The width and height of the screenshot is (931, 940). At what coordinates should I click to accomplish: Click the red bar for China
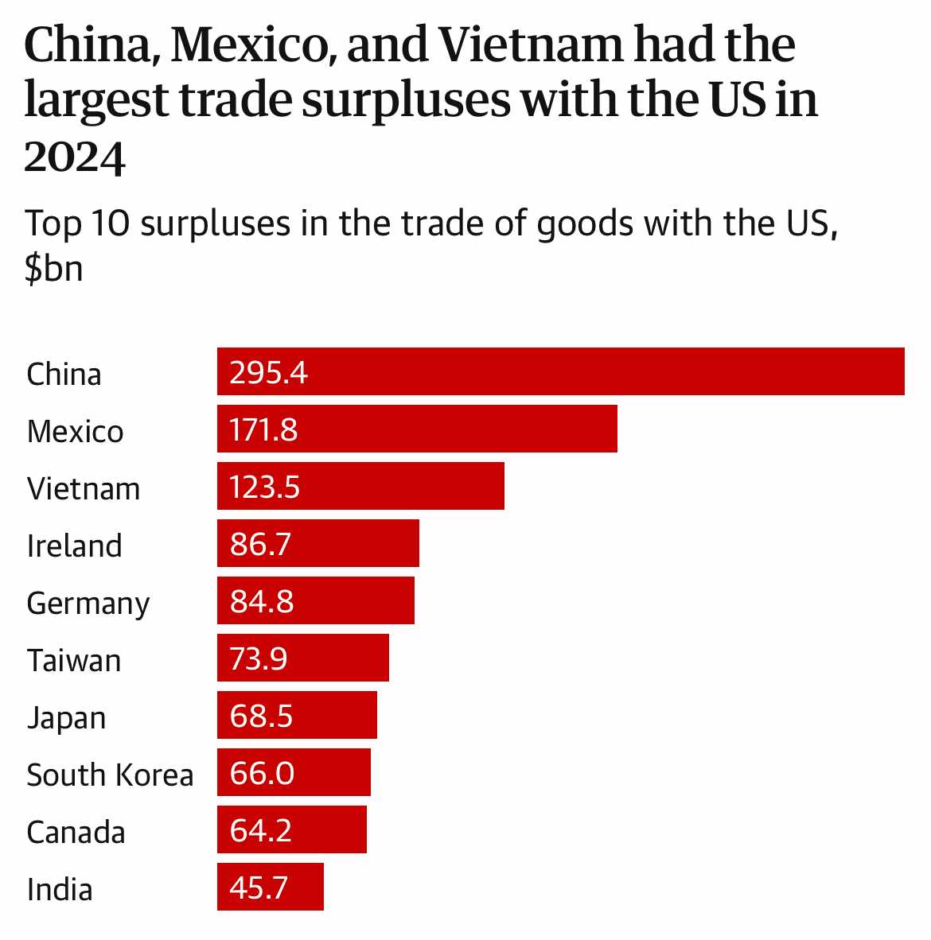pos(560,371)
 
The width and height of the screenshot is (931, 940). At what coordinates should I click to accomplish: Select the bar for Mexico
pos(417,429)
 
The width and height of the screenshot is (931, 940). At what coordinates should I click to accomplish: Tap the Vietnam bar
pos(360,486)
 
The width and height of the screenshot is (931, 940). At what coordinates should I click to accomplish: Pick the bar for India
pos(271,887)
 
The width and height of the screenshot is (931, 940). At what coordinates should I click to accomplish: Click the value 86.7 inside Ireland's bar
pos(261,544)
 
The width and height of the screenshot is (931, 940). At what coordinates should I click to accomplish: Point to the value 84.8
pos(262,601)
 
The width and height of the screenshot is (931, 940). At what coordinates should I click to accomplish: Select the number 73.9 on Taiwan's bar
pos(259,658)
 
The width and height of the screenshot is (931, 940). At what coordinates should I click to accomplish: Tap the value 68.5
pos(262,716)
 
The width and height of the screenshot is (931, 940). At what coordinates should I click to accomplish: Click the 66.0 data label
pos(263,773)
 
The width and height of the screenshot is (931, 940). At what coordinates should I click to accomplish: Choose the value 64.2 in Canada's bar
pos(261,830)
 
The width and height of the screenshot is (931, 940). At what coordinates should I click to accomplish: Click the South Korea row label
pos(110,775)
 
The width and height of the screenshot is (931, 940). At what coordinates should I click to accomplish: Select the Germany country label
pos(88,604)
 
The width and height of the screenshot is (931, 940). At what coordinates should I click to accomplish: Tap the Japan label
pos(66,718)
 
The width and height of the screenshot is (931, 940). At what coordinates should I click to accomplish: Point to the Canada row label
pos(76,833)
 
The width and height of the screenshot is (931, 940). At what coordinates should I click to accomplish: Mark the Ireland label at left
pos(74,546)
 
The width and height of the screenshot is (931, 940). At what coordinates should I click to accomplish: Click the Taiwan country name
pos(74,661)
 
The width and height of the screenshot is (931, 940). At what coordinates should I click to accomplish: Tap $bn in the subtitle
pos(54,268)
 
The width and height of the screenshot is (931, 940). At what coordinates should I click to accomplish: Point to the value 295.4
pos(268,372)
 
